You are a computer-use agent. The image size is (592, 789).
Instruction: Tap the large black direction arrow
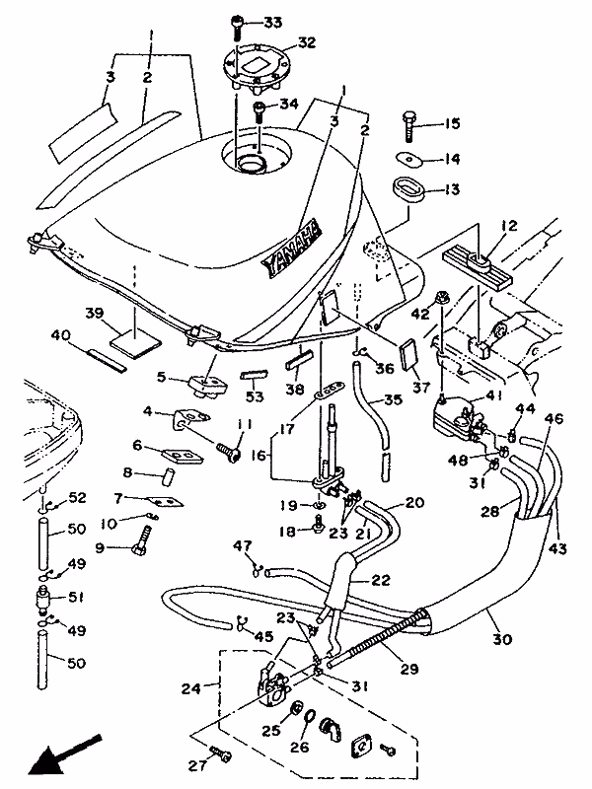61,754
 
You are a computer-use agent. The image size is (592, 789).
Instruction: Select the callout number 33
271,22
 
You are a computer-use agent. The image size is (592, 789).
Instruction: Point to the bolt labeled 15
409,125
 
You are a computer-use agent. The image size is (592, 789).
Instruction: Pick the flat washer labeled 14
407,158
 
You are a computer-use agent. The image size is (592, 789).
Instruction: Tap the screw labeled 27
223,755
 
